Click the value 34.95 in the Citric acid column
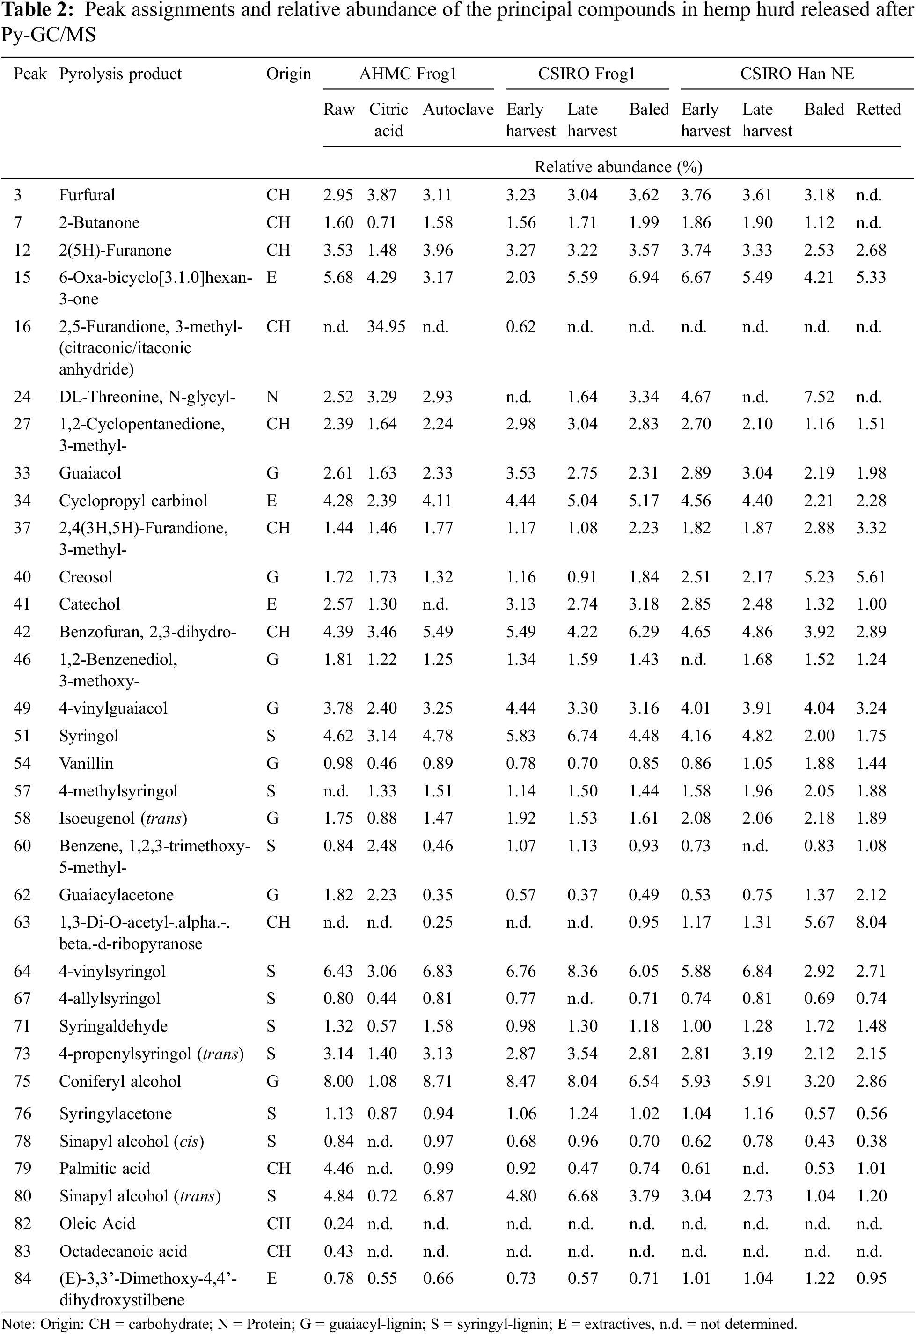click(x=386, y=327)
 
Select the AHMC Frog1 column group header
click(x=408, y=74)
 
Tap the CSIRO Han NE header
click(x=797, y=74)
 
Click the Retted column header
click(x=878, y=109)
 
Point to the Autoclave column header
click(x=458, y=109)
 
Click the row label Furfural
click(x=87, y=195)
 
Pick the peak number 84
click(x=22, y=1278)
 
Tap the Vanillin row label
click(x=86, y=763)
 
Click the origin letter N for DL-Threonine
click(x=272, y=397)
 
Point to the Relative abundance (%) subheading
click(x=618, y=167)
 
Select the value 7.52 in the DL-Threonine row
click(x=819, y=397)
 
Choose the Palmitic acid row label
click(x=104, y=1168)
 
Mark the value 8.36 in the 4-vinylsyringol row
click(x=583, y=971)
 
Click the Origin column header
click(x=288, y=74)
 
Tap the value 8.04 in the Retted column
click(x=871, y=922)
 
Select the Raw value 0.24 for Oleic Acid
click(x=338, y=1223)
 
